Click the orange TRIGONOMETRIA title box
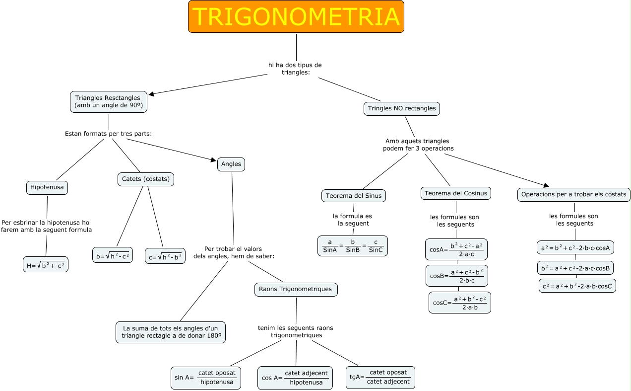click(296, 17)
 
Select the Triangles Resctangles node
click(108, 102)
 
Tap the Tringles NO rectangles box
click(402, 108)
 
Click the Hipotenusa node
click(47, 187)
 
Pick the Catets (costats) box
click(146, 179)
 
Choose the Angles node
click(231, 164)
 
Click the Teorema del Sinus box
click(354, 196)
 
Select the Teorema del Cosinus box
click(456, 193)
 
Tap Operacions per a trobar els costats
click(574, 194)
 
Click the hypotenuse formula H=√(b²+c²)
click(46, 265)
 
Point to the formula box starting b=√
click(113, 255)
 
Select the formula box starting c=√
click(165, 256)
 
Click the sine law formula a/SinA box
click(353, 246)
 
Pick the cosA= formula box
click(456, 249)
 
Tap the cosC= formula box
click(460, 303)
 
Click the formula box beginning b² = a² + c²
click(575, 268)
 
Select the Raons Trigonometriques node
click(296, 289)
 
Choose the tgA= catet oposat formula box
click(380, 378)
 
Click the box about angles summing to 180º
click(171, 332)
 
